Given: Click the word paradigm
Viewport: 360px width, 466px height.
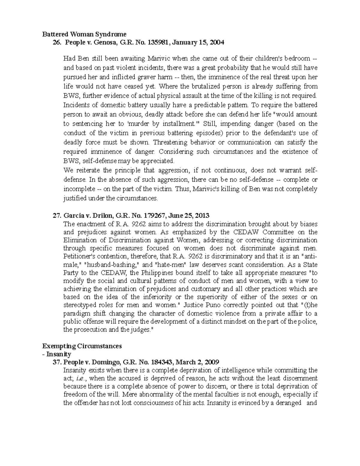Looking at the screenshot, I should pos(74,314).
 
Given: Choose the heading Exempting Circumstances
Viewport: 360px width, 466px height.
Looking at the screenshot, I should pos(82,346).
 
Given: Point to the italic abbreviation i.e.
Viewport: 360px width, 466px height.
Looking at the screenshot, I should pos(77,378).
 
